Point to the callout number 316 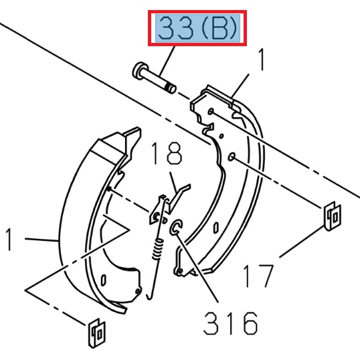(x=230, y=325)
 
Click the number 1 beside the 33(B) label (x=262, y=61)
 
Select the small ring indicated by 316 (x=177, y=228)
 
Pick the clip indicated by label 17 (x=332, y=216)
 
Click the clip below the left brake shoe (x=96, y=333)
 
